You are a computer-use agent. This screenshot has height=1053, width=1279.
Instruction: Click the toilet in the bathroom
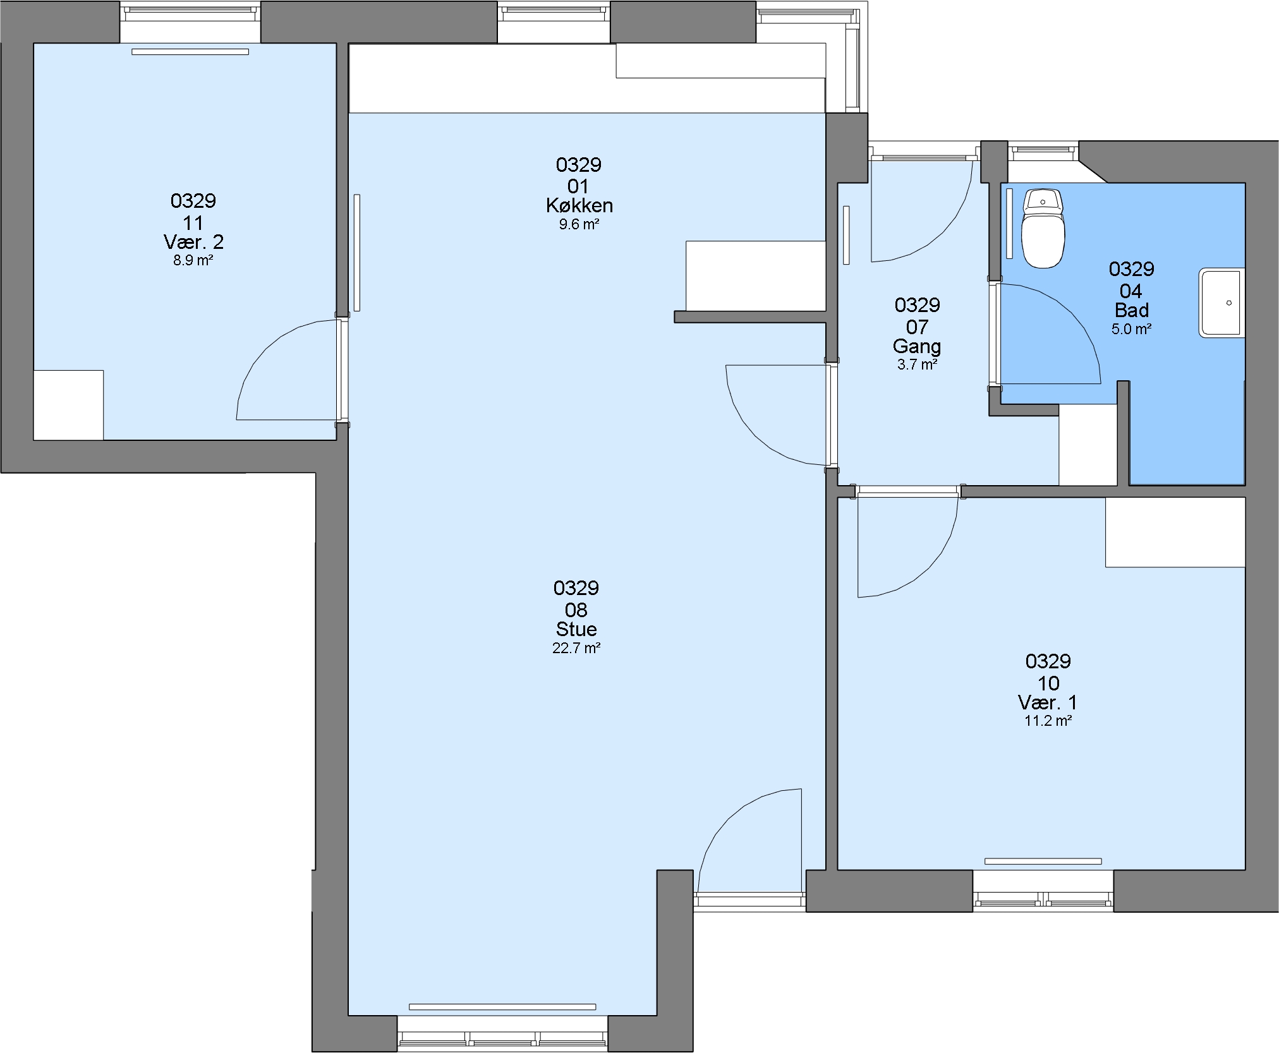[1043, 228]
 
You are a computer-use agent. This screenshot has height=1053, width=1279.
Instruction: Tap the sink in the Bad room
[1221, 303]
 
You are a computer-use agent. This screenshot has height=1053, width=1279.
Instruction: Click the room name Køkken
[579, 205]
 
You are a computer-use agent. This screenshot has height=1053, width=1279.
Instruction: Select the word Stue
[576, 629]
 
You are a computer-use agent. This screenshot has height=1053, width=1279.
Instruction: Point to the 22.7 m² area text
[576, 648]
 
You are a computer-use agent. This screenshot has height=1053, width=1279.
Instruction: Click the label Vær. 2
[193, 241]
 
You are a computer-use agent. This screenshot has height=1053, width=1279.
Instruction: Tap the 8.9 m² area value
[193, 260]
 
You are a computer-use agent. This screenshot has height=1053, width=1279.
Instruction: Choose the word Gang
[917, 346]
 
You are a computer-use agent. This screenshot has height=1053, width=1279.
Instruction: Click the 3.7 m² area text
[917, 364]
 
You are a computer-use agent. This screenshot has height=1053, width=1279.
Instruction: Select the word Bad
[1132, 310]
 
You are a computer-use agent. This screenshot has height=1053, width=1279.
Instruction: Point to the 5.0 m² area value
[1132, 329]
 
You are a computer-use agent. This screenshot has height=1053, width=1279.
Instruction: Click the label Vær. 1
[1048, 702]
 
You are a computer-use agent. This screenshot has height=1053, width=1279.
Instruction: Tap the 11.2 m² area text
[1048, 721]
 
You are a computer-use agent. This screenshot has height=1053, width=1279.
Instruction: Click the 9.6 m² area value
[579, 224]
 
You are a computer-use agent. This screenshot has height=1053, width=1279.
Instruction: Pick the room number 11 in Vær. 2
[193, 222]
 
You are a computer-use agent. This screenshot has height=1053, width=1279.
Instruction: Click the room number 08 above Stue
[576, 610]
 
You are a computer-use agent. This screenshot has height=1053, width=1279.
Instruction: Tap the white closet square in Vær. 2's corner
[68, 405]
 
